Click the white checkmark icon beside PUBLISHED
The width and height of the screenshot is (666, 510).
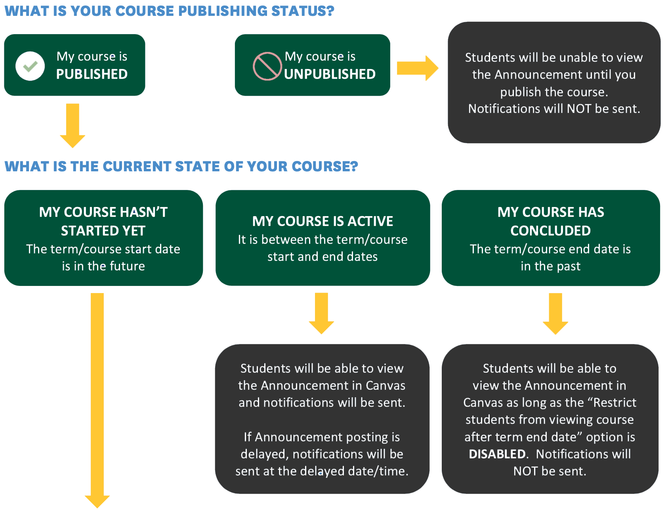click(x=30, y=66)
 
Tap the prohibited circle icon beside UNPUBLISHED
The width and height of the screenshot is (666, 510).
click(x=267, y=66)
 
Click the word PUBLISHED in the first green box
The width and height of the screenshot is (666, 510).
click(x=92, y=74)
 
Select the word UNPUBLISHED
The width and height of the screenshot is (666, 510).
click(x=330, y=74)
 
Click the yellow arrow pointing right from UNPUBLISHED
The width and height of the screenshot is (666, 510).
click(x=417, y=68)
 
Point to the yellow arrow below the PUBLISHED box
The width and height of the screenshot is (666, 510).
click(x=73, y=125)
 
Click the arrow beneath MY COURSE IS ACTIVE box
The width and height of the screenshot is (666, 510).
click(x=321, y=313)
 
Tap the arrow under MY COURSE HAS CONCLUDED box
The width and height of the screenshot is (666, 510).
click(x=555, y=313)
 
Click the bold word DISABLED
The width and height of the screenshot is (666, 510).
click(x=497, y=454)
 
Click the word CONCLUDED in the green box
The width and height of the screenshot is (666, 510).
click(x=550, y=231)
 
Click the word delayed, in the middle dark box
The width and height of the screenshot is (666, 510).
click(x=265, y=454)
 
